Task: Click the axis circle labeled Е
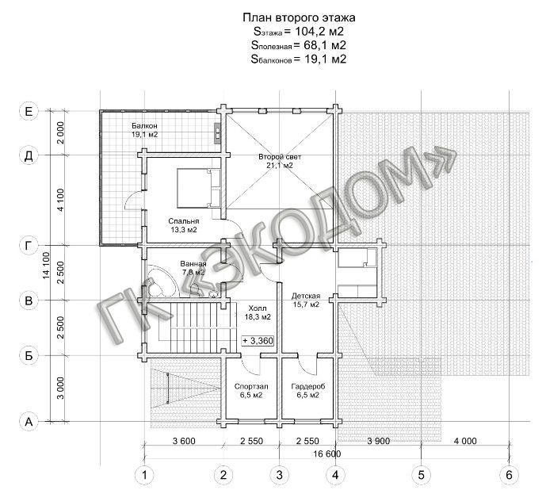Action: [x=29, y=111]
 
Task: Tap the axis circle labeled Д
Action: [x=29, y=155]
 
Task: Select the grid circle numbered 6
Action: [x=509, y=475]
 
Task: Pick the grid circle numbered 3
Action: [x=279, y=475]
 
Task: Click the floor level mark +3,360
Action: [x=258, y=340]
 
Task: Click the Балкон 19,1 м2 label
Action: [x=144, y=130]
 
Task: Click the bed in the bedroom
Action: [x=198, y=188]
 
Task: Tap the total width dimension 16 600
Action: [x=327, y=454]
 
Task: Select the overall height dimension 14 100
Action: [x=46, y=266]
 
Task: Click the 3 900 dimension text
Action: [x=379, y=441]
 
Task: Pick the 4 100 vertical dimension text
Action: [x=60, y=200]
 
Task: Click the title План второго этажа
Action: [x=299, y=17]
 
